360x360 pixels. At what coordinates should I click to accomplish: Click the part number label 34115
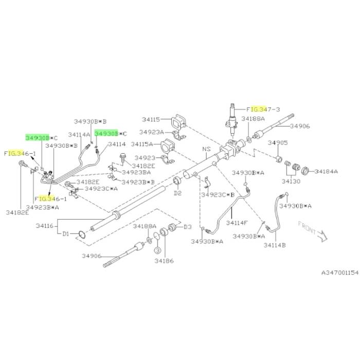(151, 119)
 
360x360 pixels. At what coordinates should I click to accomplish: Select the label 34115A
(141, 144)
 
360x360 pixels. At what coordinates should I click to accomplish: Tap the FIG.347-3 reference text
(263, 109)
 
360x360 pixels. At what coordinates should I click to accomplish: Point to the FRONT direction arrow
(322, 236)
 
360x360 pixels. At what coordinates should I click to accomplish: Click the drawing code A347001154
(340, 273)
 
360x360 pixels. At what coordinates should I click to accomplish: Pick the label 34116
(45, 226)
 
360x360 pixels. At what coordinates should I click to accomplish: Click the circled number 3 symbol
(158, 250)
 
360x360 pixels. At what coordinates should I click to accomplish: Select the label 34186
(164, 261)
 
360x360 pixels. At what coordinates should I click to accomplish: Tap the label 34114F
(237, 223)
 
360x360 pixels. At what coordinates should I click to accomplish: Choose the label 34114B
(275, 245)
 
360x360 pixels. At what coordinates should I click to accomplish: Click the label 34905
(278, 143)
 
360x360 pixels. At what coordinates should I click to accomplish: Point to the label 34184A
(326, 171)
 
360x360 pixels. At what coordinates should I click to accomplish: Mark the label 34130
(291, 182)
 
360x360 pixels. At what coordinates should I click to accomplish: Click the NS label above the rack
(206, 149)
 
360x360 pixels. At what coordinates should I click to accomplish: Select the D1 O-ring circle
(82, 235)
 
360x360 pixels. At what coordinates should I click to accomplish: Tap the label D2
(177, 193)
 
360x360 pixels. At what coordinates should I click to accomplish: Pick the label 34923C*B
(218, 195)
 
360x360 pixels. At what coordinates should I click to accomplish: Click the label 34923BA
(136, 172)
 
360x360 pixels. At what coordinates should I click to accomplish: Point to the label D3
(188, 227)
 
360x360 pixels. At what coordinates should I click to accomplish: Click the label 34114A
(79, 135)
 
